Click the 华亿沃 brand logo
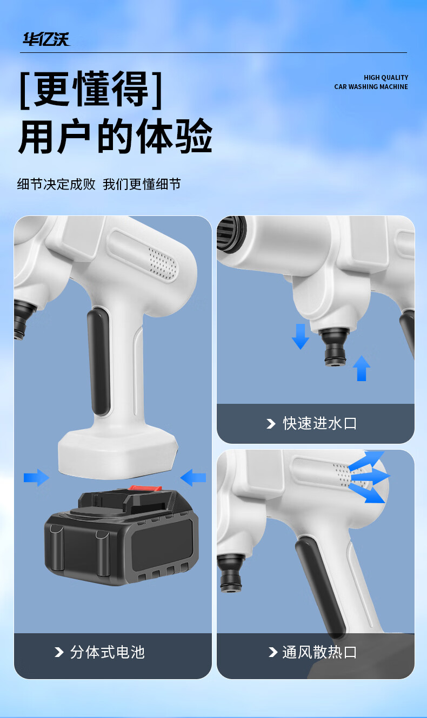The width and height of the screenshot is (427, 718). [x=46, y=39]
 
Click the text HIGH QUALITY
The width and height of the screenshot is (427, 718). [x=386, y=78]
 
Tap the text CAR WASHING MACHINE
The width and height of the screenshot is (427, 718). [x=371, y=87]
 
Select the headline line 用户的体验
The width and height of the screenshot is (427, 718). [x=116, y=136]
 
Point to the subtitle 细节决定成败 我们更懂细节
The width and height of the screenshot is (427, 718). [x=99, y=184]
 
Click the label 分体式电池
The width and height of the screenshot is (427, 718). [x=108, y=652]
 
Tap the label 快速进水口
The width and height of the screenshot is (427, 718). [x=319, y=423]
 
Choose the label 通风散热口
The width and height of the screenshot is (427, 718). [x=319, y=652]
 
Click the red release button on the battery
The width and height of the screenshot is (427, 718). [x=145, y=489]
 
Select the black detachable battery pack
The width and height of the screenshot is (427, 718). [x=122, y=536]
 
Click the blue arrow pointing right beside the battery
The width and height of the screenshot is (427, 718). [x=37, y=478]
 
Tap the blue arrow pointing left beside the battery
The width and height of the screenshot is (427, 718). [x=193, y=478]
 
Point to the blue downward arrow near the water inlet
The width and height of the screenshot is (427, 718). [x=301, y=336]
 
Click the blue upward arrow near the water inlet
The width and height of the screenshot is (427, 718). [x=362, y=368]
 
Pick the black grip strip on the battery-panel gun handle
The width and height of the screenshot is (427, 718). [x=99, y=362]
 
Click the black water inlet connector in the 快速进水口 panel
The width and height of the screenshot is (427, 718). [x=335, y=347]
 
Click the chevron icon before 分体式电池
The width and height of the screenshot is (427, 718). [x=59, y=652]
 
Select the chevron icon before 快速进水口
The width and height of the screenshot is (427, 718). [x=271, y=423]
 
